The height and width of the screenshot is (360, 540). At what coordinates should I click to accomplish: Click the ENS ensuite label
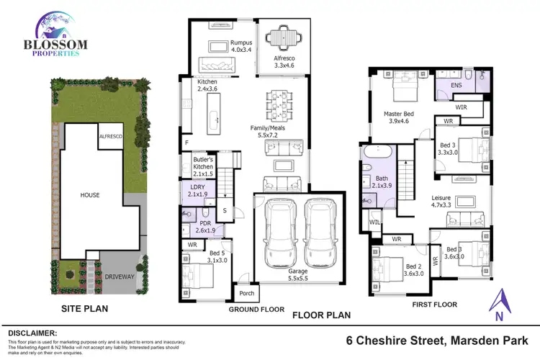456,85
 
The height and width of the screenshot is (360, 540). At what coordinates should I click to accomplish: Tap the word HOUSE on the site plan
90,195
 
